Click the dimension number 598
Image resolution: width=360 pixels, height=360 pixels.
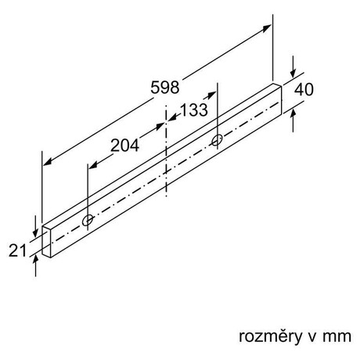165,87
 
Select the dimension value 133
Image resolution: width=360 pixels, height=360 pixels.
194,110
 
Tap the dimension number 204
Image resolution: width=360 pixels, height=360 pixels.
124,146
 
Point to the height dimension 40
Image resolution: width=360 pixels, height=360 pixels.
304,90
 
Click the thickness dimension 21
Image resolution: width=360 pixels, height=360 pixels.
17,250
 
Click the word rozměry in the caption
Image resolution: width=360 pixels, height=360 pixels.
270,337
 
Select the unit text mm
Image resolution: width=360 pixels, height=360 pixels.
337,337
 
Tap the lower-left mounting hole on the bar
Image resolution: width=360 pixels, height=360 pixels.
88,221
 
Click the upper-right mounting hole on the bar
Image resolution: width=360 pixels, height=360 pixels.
217,140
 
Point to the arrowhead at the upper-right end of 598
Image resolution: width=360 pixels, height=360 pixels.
268,27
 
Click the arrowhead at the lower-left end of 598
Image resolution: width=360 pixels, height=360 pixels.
47,162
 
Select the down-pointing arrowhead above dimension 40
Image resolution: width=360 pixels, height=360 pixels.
293,74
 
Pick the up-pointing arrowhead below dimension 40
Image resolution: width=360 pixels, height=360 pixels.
293,114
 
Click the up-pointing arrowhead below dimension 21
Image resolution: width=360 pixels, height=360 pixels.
35,260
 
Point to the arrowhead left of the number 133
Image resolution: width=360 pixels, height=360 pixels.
171,117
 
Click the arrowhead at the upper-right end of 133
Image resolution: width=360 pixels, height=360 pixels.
211,95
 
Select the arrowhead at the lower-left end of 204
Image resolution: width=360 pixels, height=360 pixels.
93,165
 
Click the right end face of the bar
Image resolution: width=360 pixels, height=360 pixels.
277,100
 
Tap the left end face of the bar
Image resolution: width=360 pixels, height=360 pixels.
46,242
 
